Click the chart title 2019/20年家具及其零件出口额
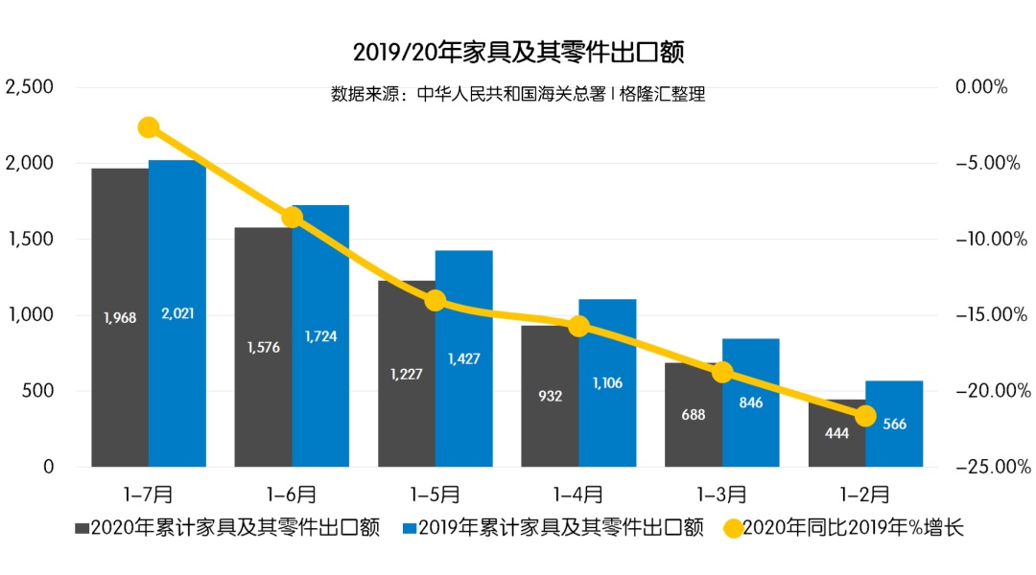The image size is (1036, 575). point(518,51)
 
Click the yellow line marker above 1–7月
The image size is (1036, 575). point(149,127)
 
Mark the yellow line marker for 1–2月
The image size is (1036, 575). point(865,415)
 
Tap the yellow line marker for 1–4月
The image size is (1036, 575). point(578,326)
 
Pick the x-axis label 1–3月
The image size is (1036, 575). point(721,494)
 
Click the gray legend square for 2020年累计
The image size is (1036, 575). point(82,528)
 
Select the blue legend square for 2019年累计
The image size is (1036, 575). point(408,528)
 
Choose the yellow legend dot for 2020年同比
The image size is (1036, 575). point(733,528)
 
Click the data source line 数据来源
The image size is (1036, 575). point(518,94)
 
